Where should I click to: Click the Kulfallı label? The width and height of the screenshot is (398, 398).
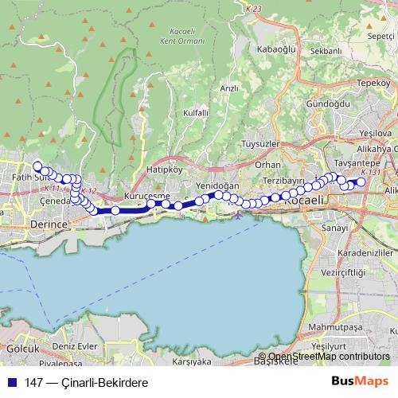coord(195,114)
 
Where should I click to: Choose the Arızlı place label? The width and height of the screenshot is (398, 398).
coord(229,89)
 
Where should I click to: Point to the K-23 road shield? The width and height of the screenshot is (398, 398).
coord(254,8)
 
